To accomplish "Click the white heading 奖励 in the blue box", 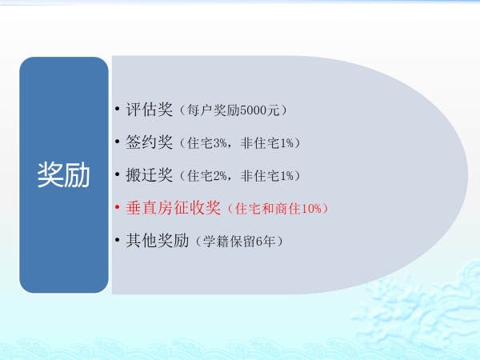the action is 64,174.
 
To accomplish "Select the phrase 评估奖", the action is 149,110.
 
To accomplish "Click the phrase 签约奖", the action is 149,142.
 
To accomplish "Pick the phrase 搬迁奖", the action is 149,174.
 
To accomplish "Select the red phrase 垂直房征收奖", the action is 173,207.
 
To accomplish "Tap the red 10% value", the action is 312,209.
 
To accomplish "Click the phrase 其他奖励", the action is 157,240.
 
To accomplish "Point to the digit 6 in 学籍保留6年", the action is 259,242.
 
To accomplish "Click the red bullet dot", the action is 118,207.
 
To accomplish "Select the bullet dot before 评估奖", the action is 118,109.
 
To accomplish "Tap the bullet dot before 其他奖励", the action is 118,240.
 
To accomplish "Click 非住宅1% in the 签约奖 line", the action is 266,143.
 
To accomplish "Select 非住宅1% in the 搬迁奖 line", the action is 266,176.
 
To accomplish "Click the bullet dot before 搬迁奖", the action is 118,174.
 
